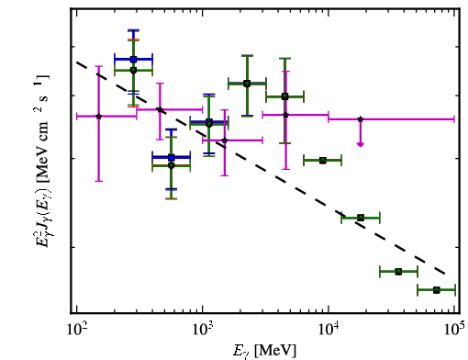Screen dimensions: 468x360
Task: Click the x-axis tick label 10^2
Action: [76, 330]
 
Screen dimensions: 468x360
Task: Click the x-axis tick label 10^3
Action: [202, 330]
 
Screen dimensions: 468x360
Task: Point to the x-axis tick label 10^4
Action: [329, 330]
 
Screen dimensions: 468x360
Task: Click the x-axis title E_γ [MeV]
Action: [265, 351]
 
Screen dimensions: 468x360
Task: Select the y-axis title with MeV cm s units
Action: [41, 161]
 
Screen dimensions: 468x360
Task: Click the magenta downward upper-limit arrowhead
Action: [361, 144]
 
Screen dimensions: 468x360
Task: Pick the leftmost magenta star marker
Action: [98, 117]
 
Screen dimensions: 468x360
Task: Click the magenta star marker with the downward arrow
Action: [361, 119]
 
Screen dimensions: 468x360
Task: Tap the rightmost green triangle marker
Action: [437, 290]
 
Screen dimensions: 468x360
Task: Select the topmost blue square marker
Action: [133, 60]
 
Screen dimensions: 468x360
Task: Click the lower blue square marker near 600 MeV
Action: [172, 158]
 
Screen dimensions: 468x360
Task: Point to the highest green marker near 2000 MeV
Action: [247, 84]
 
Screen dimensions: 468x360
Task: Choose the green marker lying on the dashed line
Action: [361, 218]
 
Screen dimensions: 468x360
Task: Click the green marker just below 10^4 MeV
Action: [323, 161]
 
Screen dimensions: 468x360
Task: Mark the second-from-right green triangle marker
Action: [398, 272]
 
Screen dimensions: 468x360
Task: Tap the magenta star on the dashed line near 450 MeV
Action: [160, 109]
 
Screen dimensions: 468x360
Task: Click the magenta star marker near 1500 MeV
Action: [225, 141]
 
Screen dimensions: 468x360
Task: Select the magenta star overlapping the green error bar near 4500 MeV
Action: [285, 115]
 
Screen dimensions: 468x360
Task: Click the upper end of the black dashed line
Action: [77, 62]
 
